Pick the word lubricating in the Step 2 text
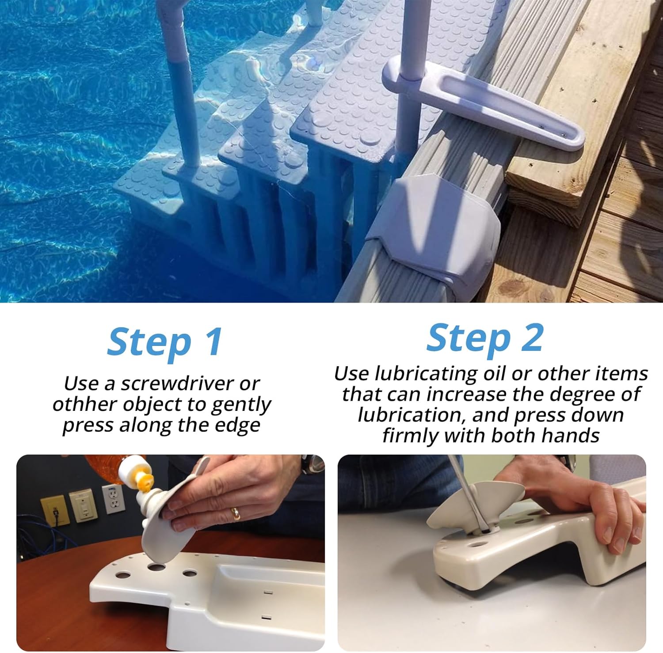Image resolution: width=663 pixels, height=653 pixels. click(x=426, y=374)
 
